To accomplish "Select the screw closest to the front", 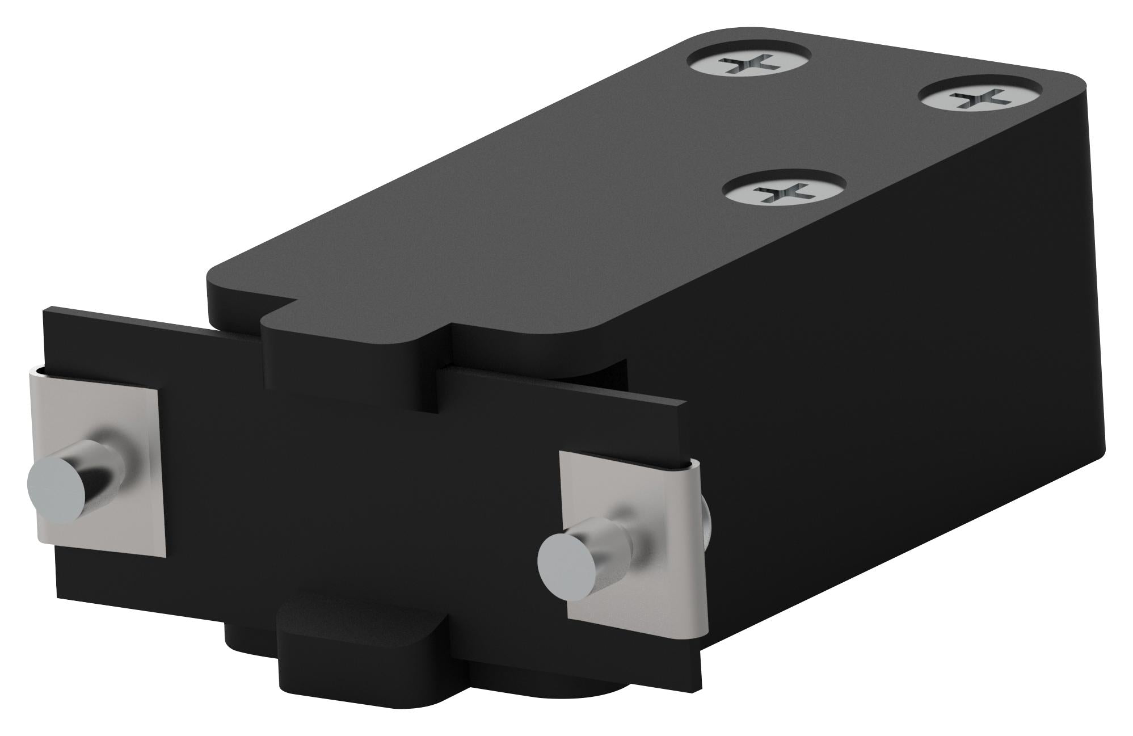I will point(785,191).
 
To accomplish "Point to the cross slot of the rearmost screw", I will point(749,62).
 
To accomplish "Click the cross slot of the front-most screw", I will point(785,193).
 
